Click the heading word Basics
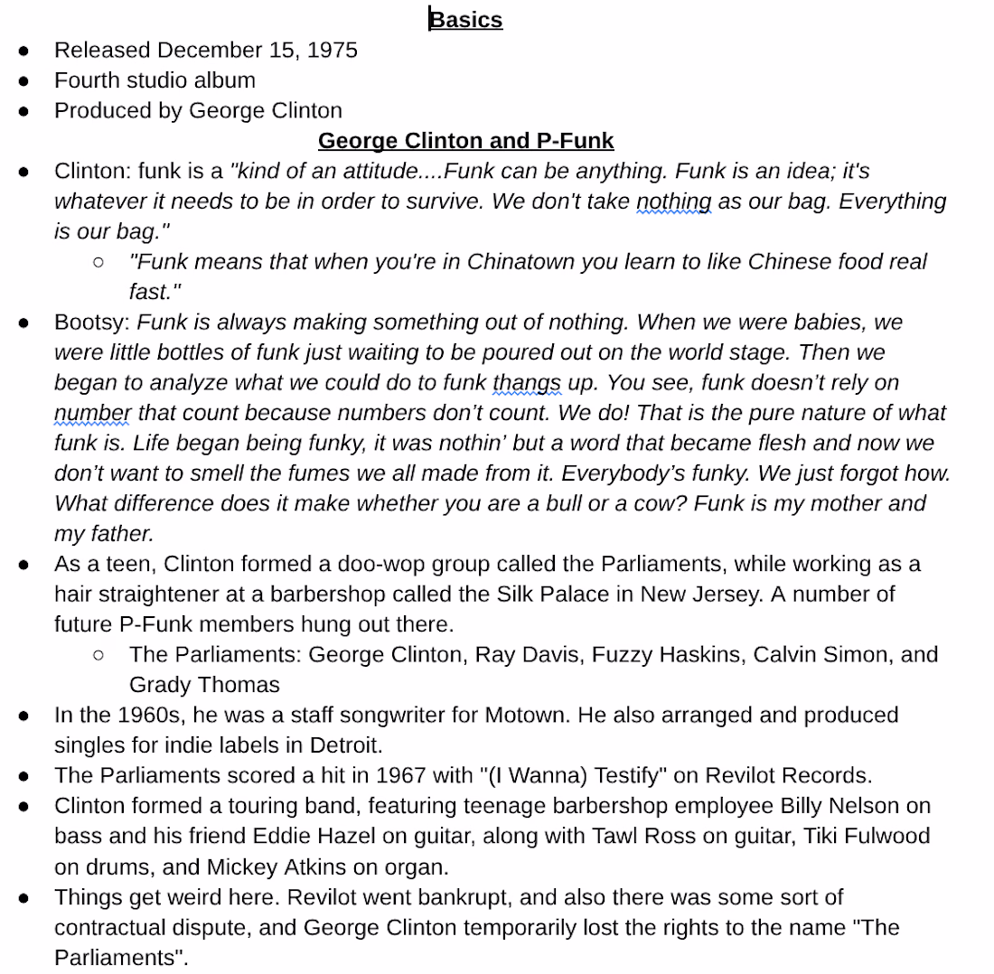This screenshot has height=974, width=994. (x=466, y=19)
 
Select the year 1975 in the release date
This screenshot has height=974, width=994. (x=333, y=50)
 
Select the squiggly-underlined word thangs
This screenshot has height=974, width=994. (x=527, y=383)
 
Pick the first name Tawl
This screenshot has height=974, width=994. (x=617, y=837)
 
